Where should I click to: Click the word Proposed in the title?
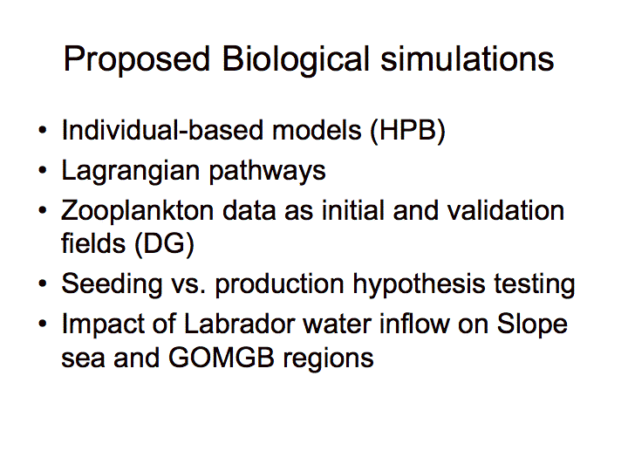point(137,60)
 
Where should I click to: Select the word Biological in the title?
point(296,60)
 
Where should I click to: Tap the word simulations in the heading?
point(467,58)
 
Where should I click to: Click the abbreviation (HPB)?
point(407,131)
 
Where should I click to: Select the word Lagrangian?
point(131,172)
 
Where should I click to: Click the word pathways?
point(267,172)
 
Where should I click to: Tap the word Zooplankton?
point(138,211)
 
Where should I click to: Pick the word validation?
point(505,210)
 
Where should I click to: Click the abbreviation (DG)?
point(164,244)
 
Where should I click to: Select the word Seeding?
point(112,285)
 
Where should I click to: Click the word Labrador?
point(239,324)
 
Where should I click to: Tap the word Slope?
point(532,324)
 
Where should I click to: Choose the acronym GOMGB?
point(222,358)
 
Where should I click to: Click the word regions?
point(329,358)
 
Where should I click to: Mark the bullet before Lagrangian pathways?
point(43,170)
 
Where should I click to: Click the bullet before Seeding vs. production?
point(43,283)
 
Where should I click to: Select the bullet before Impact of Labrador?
point(43,324)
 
